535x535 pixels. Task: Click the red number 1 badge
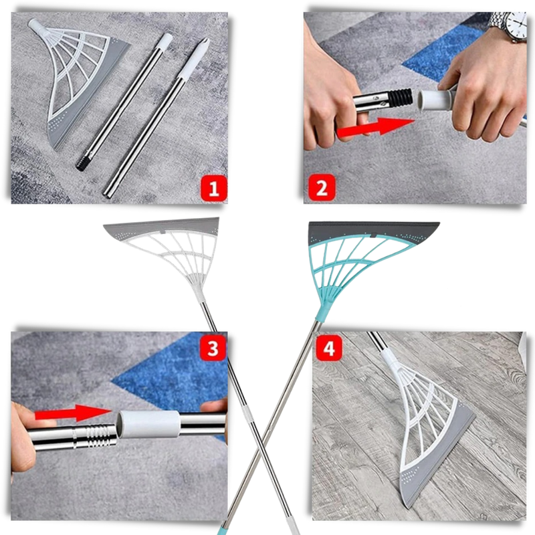pos(213,189)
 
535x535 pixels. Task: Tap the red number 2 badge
pos(322,187)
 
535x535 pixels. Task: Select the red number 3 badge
pos(213,348)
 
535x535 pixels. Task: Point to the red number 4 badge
pos(328,348)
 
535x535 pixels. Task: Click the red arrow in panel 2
pos(375,127)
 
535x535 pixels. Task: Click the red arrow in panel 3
pos(73,413)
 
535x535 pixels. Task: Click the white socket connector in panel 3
pos(148,424)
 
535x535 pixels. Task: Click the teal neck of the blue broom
pos(322,312)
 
